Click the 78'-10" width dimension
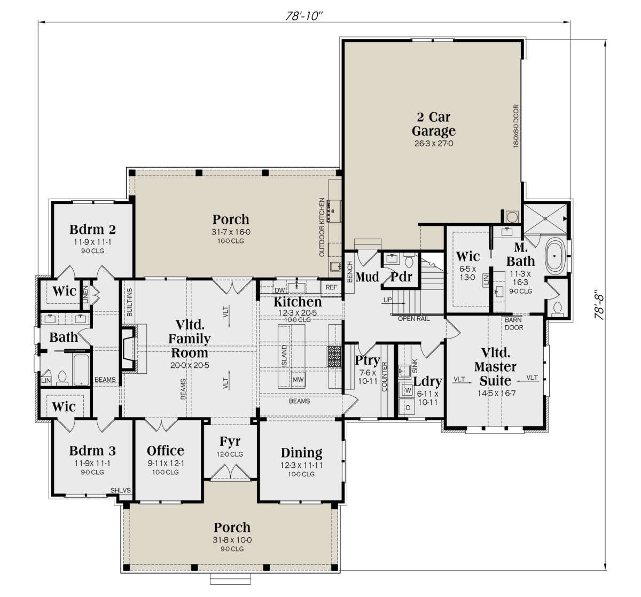(304, 16)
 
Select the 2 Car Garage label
(433, 124)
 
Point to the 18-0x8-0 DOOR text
(516, 126)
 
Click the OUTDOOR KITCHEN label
(322, 227)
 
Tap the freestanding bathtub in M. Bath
(554, 256)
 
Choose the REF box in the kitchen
(331, 287)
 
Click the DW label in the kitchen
(280, 290)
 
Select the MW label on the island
(298, 380)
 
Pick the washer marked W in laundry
(408, 390)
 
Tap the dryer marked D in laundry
(408, 407)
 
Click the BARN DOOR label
(514, 324)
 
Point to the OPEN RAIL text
(414, 319)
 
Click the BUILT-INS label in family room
(130, 302)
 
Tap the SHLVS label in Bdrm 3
(121, 491)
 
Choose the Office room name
(166, 451)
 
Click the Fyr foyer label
(230, 442)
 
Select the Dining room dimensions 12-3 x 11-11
(301, 465)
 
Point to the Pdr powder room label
(402, 277)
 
